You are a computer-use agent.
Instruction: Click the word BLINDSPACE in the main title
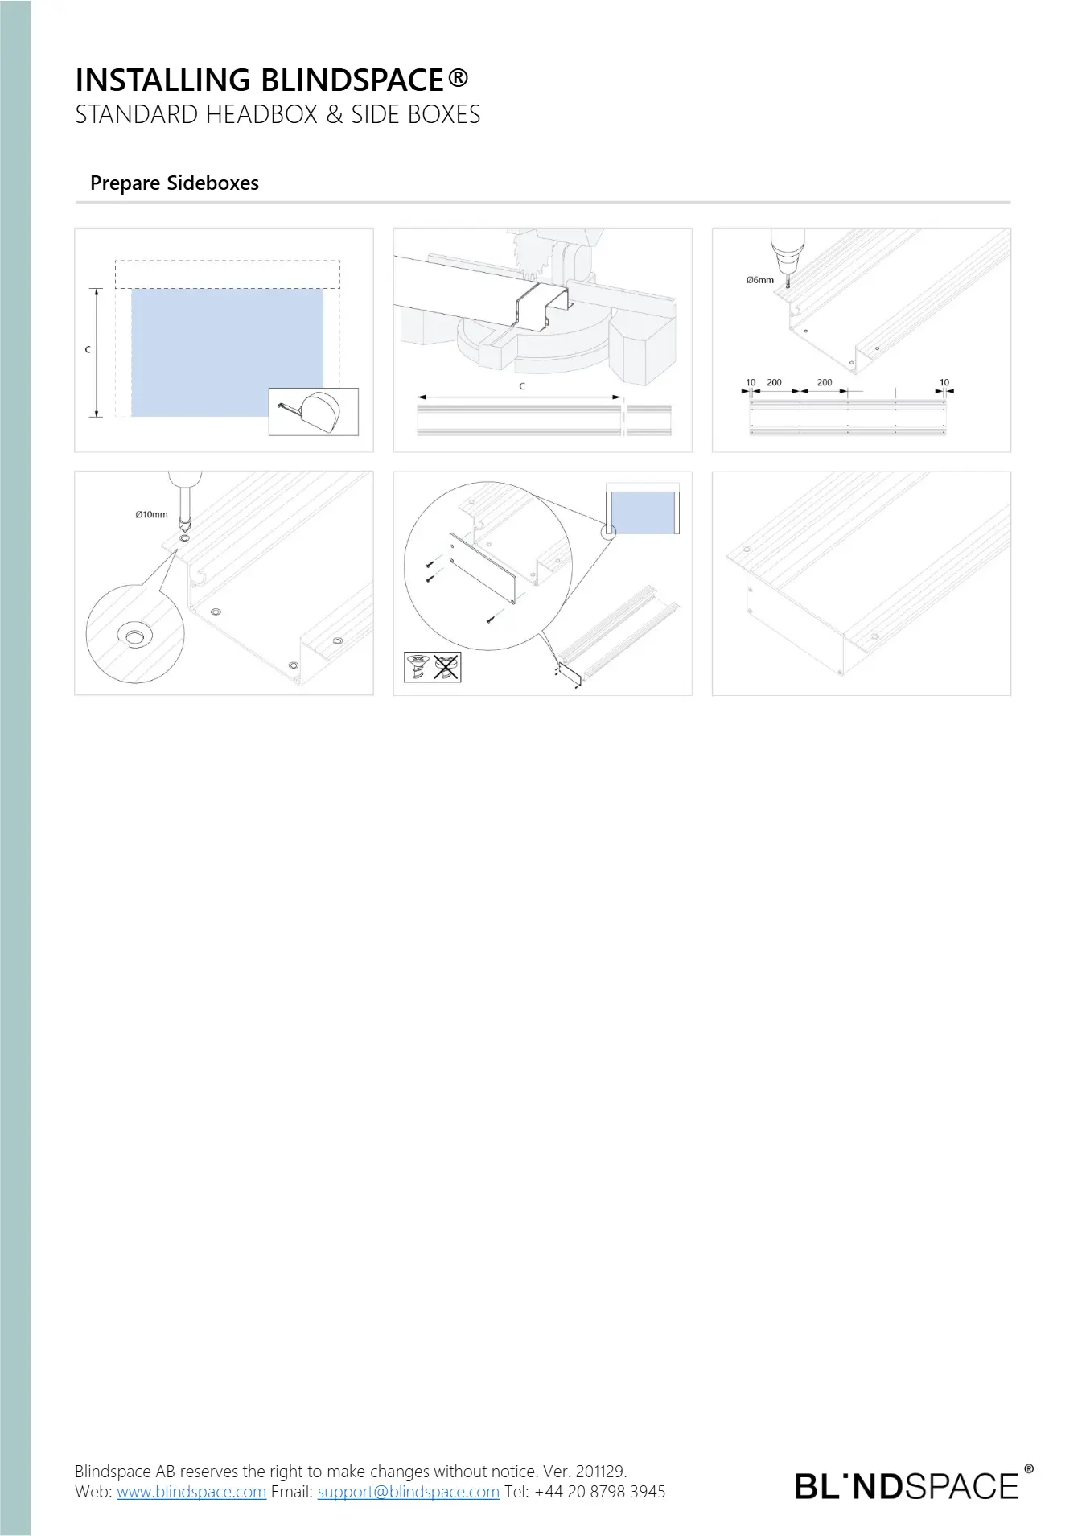[353, 80]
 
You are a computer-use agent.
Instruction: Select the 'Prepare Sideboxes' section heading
[175, 183]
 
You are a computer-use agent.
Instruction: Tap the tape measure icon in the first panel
[314, 411]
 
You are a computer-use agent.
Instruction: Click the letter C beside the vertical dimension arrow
[88, 350]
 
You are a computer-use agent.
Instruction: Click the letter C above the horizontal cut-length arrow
[522, 387]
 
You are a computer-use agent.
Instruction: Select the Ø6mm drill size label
[759, 280]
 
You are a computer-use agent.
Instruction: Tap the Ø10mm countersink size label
[151, 514]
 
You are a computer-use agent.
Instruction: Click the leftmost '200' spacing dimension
[774, 382]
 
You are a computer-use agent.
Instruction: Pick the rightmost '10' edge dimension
[944, 382]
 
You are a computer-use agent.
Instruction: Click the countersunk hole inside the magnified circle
[134, 635]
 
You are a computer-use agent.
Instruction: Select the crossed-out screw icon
[446, 667]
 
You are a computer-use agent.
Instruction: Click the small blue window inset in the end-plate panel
[643, 513]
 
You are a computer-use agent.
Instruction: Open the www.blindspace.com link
[191, 1492]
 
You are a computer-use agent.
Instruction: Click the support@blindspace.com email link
[409, 1492]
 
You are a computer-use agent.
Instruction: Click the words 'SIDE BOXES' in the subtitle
[416, 115]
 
